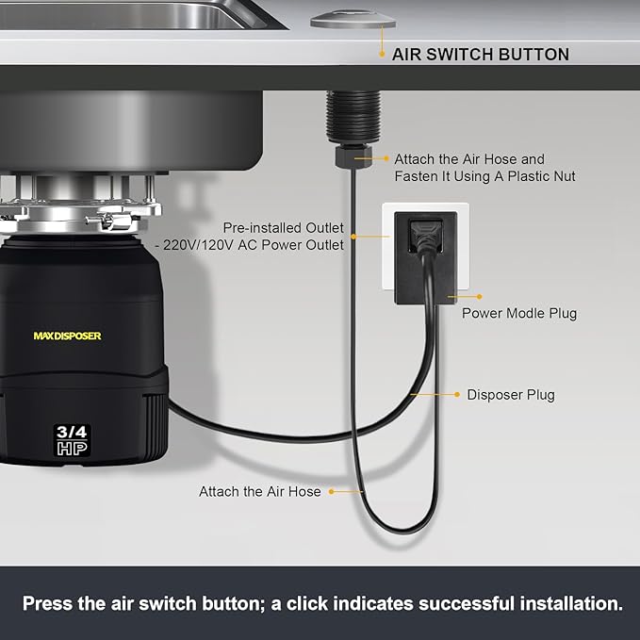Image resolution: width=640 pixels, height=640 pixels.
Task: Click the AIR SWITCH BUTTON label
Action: click(480, 55)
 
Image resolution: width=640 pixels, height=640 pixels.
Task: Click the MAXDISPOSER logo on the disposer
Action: click(67, 336)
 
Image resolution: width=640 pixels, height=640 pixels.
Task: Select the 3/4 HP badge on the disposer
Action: click(72, 440)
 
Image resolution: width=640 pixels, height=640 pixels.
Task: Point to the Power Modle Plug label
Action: click(518, 313)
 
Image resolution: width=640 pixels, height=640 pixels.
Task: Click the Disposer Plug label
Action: click(511, 395)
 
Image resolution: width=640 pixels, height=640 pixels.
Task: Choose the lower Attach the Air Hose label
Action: click(259, 491)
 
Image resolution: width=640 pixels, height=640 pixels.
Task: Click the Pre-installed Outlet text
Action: click(283, 228)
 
